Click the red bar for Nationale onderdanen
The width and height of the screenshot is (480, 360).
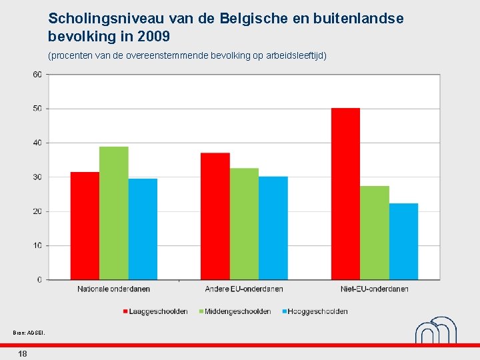85,226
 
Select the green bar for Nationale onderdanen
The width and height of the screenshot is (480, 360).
114,213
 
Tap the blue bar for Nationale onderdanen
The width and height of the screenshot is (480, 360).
143,229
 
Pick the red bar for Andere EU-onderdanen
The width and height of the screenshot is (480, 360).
215,216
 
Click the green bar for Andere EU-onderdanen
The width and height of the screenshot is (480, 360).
244,224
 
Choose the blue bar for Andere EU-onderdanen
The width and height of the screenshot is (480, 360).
273,228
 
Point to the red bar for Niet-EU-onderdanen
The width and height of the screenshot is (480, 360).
345,194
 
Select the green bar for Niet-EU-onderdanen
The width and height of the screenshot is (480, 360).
375,233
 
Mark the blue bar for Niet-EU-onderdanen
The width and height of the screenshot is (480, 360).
403,241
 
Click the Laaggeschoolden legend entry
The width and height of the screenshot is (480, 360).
155,311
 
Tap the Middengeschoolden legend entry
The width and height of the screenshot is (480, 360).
235,311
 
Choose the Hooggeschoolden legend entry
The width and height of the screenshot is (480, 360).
315,311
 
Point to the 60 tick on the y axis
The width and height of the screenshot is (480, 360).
37,75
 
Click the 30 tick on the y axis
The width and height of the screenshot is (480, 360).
37,177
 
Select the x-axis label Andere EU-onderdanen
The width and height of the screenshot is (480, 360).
244,289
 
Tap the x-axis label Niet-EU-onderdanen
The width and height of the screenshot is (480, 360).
375,289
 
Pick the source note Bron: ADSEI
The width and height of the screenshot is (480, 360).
29,333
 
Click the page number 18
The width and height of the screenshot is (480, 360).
23,354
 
